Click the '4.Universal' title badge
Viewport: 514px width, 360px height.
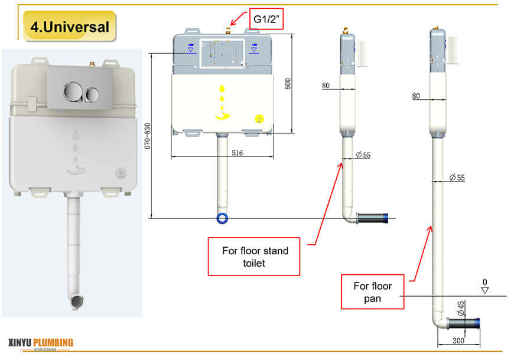[x=70, y=27]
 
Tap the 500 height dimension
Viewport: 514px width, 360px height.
[x=288, y=83]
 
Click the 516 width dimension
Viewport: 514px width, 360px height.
[x=221, y=153]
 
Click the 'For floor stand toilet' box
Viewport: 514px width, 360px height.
[x=255, y=257]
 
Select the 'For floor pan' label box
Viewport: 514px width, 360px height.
[x=373, y=292]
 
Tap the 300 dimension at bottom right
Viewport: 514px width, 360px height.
[x=458, y=341]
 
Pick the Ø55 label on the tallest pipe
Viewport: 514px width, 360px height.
[x=457, y=178]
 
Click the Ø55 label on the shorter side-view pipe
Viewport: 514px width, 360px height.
[x=363, y=155]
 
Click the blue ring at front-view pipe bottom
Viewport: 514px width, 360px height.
[x=223, y=218]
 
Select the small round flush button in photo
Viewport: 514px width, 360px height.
[x=92, y=93]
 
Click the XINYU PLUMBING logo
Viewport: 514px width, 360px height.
[x=41, y=343]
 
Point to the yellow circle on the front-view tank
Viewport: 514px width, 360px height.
[x=258, y=118]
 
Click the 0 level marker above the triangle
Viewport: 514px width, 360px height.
[x=485, y=281]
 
